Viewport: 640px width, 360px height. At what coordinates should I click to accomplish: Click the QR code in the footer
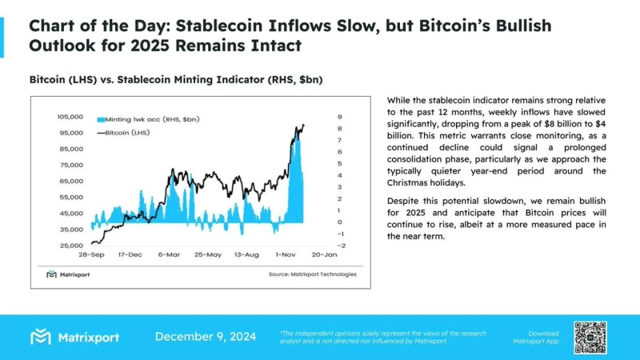(590, 337)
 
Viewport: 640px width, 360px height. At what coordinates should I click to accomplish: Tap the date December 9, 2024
(206, 337)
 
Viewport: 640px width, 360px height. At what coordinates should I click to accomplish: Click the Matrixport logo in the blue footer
(74, 337)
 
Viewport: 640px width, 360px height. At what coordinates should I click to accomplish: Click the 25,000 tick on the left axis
(71, 246)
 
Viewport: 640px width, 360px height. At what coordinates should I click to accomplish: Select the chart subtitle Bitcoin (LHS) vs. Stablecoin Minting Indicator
(177, 80)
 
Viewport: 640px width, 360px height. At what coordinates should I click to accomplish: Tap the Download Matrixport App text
(544, 337)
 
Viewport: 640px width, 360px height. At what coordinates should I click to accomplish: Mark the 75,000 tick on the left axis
(71, 165)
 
